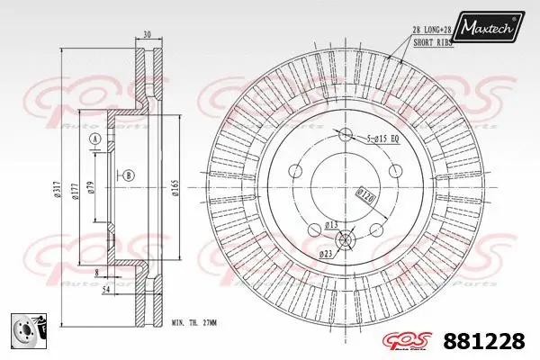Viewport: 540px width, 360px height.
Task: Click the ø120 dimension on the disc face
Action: click(x=365, y=193)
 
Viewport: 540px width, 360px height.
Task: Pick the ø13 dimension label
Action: click(x=330, y=224)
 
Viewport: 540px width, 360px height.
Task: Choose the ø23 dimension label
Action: click(x=325, y=255)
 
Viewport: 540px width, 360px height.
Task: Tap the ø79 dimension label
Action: click(x=91, y=188)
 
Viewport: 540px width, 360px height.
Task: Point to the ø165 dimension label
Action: click(x=173, y=188)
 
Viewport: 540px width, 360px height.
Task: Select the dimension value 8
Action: click(x=95, y=270)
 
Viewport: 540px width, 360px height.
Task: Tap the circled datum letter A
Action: click(x=94, y=139)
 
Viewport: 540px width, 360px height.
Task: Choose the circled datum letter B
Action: click(x=130, y=175)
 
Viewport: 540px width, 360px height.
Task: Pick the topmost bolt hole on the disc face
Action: click(x=344, y=134)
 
